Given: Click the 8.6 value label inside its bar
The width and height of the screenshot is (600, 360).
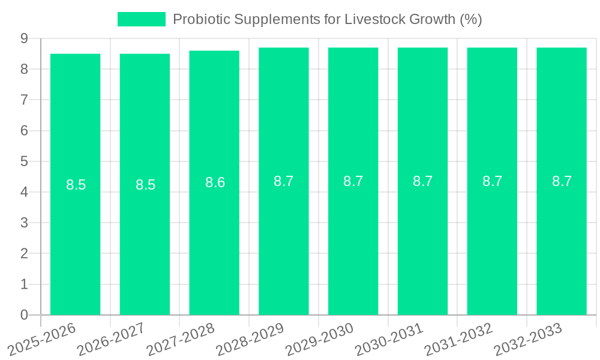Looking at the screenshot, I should click(x=215, y=183).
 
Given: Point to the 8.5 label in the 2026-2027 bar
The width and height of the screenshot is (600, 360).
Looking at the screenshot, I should click(x=145, y=185).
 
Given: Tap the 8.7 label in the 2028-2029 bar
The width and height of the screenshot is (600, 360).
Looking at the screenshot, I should click(x=283, y=181).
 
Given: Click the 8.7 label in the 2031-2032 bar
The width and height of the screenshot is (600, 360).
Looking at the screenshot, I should click(x=492, y=181).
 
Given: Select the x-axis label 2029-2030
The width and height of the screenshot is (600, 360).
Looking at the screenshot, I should click(x=319, y=340).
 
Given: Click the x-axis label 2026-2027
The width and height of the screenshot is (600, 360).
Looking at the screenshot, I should click(x=111, y=340).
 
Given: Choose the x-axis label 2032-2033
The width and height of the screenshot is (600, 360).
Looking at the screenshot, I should click(x=528, y=340).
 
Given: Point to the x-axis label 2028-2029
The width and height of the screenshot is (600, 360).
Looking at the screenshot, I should click(x=250, y=340).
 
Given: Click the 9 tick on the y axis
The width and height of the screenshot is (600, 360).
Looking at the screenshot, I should click(x=25, y=38).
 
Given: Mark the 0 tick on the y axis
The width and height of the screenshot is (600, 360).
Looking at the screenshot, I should click(x=25, y=315).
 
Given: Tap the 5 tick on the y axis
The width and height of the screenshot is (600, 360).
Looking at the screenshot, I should click(x=25, y=161).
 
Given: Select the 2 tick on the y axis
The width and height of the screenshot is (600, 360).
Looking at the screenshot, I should click(x=25, y=254).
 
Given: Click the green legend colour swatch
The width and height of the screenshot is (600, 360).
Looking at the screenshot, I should click(x=141, y=19).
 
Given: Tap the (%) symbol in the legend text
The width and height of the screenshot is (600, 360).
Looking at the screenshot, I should click(x=470, y=19).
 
